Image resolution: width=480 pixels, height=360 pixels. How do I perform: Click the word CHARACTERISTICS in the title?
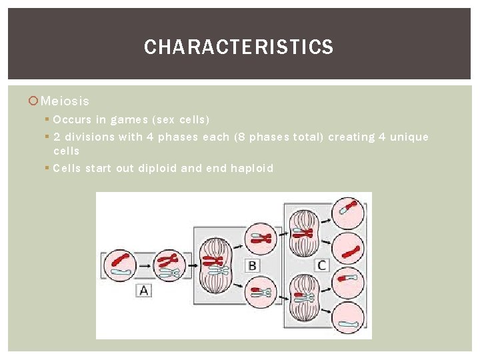pyautogui.click(x=239, y=47)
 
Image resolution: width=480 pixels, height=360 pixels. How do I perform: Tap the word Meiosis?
pyautogui.click(x=65, y=101)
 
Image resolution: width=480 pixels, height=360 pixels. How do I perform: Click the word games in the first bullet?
pyautogui.click(x=129, y=120)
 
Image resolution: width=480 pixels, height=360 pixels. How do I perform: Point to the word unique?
pyautogui.click(x=409, y=137)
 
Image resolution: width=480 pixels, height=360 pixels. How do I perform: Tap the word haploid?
pyautogui.click(x=252, y=168)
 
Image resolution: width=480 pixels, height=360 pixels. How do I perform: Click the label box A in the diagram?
pyautogui.click(x=145, y=291)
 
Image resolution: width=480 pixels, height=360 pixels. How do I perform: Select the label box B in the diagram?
pyautogui.click(x=253, y=265)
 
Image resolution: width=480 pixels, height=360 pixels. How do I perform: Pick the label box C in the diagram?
pyautogui.click(x=321, y=265)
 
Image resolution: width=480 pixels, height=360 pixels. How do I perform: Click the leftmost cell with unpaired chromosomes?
pyautogui.click(x=120, y=264)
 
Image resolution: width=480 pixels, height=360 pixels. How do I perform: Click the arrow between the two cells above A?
pyautogui.click(x=145, y=265)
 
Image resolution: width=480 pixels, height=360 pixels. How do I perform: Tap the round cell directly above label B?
pyautogui.click(x=261, y=239)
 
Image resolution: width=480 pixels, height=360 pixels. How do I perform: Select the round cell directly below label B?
pyautogui.click(x=261, y=291)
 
